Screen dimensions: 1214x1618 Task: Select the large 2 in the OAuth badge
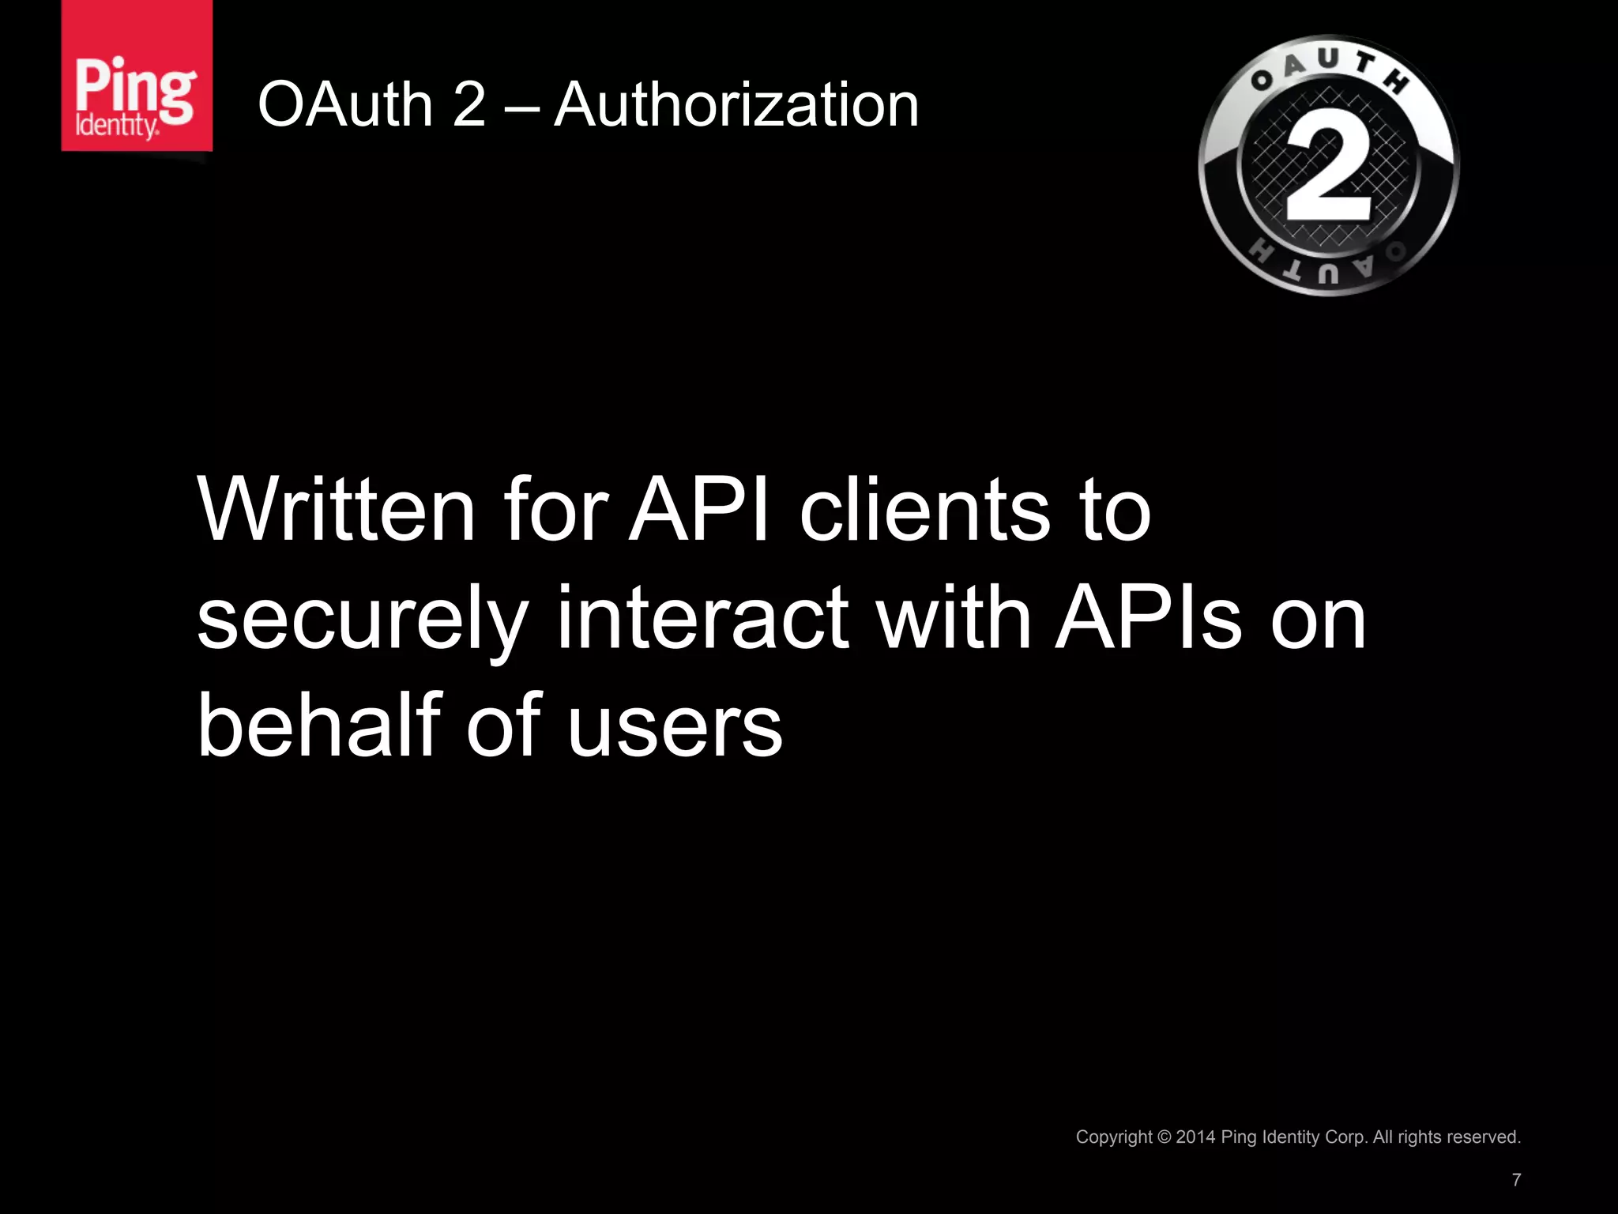[1329, 168]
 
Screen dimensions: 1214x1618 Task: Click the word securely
[362, 620]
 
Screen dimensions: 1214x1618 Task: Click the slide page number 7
[1516, 1180]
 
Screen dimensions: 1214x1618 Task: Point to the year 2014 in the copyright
[1195, 1137]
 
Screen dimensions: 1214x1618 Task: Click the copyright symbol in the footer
[1164, 1137]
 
